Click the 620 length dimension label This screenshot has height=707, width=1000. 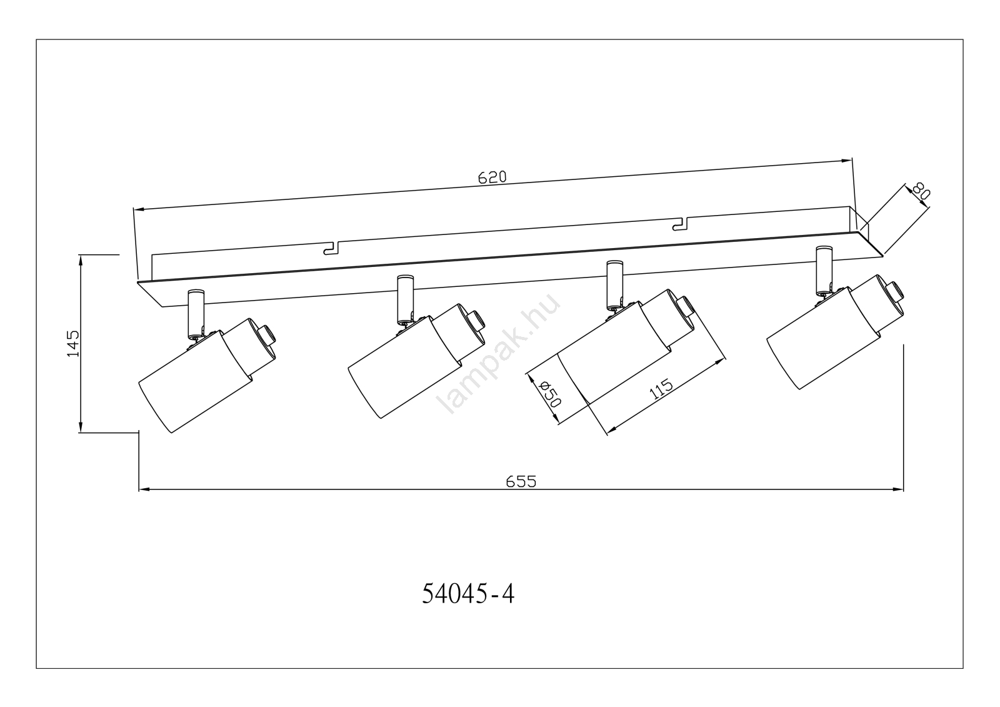(x=492, y=177)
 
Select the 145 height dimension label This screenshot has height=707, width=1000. (x=73, y=343)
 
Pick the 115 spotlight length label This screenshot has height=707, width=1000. (x=661, y=389)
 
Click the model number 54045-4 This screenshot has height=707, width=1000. (x=468, y=594)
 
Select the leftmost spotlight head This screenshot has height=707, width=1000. (x=194, y=381)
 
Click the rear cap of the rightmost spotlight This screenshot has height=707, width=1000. (x=897, y=293)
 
